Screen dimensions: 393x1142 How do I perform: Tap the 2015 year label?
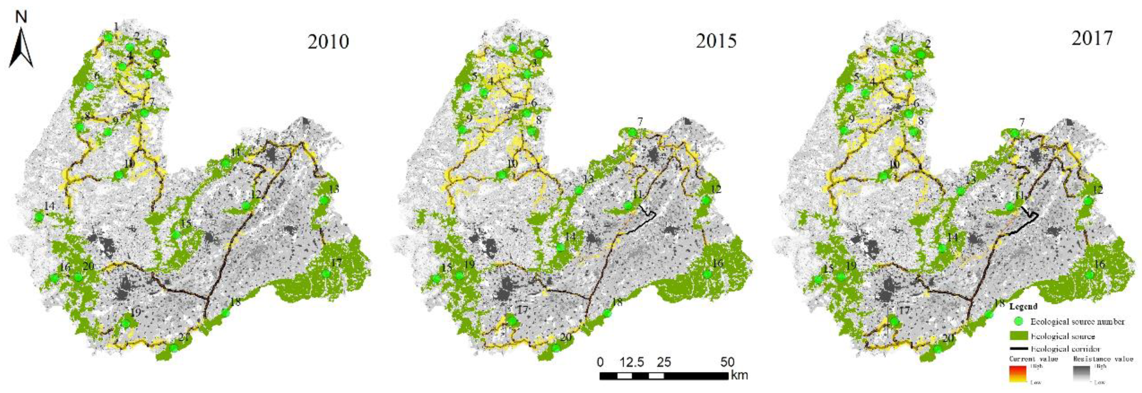point(716,41)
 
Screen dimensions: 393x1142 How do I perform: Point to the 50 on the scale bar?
point(727,362)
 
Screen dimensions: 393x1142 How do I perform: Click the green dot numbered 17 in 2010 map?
point(326,274)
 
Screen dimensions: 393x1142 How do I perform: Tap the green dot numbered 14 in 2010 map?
point(39,217)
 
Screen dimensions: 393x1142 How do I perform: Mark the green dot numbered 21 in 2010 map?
point(174,347)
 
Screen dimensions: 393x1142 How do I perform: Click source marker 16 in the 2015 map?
point(707,274)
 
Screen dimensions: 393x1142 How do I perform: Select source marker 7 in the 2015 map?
point(632,132)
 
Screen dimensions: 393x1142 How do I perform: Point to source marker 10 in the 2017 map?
point(884,176)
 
